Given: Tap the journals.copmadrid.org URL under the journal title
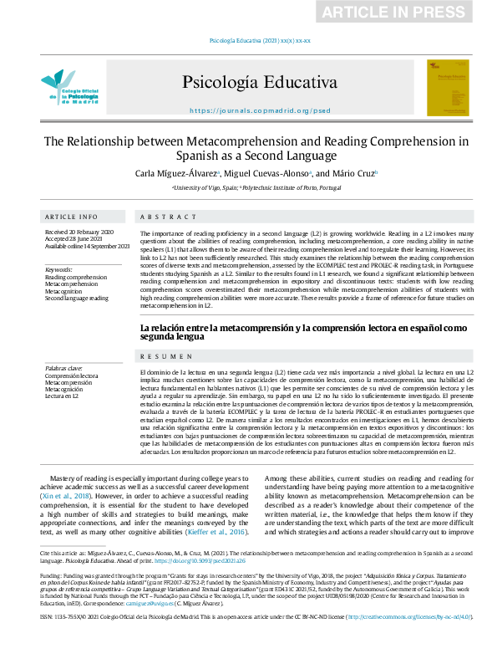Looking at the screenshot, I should pyautogui.click(x=260, y=110).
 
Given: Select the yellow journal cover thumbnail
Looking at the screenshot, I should pyautogui.click(x=448, y=87).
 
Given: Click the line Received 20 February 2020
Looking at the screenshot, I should pyautogui.click(x=79, y=231).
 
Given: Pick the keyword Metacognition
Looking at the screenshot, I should pyautogui.click(x=68, y=291).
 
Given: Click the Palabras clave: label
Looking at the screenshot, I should pyautogui.click(x=63, y=368).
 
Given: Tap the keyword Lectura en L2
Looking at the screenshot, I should pyautogui.click(x=63, y=396).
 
